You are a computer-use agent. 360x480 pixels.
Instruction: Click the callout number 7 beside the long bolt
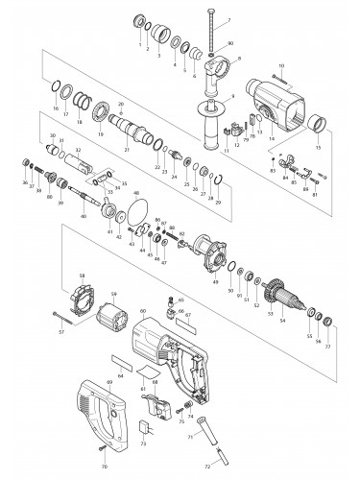click(228, 20)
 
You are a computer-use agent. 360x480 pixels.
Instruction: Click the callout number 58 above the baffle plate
click(82, 276)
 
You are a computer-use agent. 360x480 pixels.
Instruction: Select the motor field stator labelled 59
click(113, 317)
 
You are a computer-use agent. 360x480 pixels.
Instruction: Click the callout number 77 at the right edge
click(331, 342)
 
